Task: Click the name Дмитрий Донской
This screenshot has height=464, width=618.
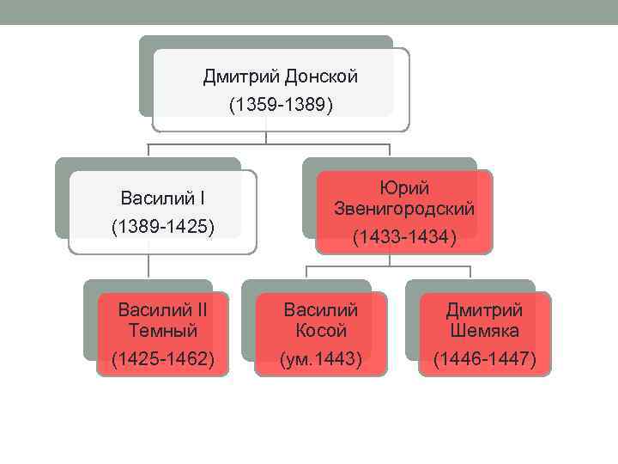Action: (x=280, y=77)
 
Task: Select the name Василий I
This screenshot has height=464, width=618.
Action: (x=162, y=200)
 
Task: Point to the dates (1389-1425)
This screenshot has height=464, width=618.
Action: (x=162, y=228)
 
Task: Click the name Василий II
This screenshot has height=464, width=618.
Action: (x=162, y=309)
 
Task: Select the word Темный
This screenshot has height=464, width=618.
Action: (x=162, y=330)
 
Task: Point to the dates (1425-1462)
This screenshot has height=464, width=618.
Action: (x=162, y=359)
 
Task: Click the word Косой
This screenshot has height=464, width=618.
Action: (x=321, y=330)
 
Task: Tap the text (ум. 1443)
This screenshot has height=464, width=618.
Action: (x=321, y=359)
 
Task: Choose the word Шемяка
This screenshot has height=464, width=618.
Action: (x=484, y=330)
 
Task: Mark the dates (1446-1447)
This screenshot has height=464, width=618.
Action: (x=484, y=359)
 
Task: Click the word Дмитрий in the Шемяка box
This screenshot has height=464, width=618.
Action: (x=484, y=309)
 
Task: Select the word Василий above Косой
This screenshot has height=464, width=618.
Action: (x=321, y=309)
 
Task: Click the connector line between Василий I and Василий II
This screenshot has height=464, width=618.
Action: (x=148, y=266)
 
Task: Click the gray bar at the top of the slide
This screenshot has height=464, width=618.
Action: (x=309, y=11)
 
